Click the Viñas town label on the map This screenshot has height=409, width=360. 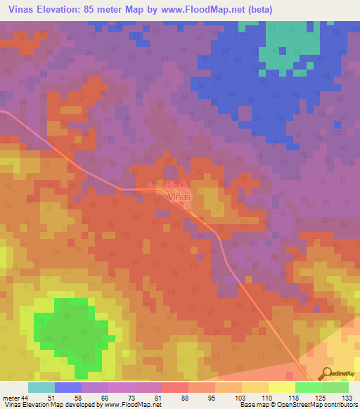180,197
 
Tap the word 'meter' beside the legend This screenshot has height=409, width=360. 11,398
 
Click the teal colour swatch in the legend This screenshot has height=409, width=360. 41,387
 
